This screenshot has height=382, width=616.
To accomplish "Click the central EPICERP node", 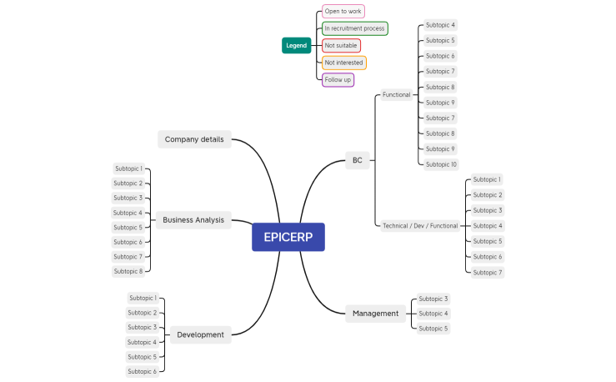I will [x=288, y=237].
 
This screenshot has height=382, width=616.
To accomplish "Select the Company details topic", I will [x=194, y=139].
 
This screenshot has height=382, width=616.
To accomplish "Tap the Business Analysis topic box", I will [x=193, y=220].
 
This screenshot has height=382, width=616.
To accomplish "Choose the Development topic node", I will [x=200, y=334].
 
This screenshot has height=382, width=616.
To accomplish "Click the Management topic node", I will [x=376, y=314].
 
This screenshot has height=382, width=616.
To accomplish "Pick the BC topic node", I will [x=357, y=160].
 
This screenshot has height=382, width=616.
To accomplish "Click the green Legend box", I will [x=296, y=46].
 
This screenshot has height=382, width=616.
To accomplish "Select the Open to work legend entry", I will [x=343, y=12].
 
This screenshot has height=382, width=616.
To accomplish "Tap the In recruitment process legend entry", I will [x=354, y=28].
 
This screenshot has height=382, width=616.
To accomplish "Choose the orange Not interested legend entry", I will [x=343, y=63].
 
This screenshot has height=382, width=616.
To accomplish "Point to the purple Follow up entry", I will [x=338, y=80].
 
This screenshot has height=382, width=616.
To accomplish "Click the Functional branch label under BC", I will [x=396, y=95].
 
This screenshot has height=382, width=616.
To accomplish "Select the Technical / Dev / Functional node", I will [x=419, y=226].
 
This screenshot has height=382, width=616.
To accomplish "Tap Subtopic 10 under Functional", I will [x=441, y=164].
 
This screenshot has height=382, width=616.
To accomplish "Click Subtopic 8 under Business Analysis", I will [x=128, y=271].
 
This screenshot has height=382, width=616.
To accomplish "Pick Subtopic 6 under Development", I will [x=142, y=371].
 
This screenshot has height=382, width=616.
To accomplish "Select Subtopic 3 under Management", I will [x=433, y=299].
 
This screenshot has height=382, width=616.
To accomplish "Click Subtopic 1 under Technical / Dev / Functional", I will [x=487, y=179].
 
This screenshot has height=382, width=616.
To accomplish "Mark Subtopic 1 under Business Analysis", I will [x=128, y=168].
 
